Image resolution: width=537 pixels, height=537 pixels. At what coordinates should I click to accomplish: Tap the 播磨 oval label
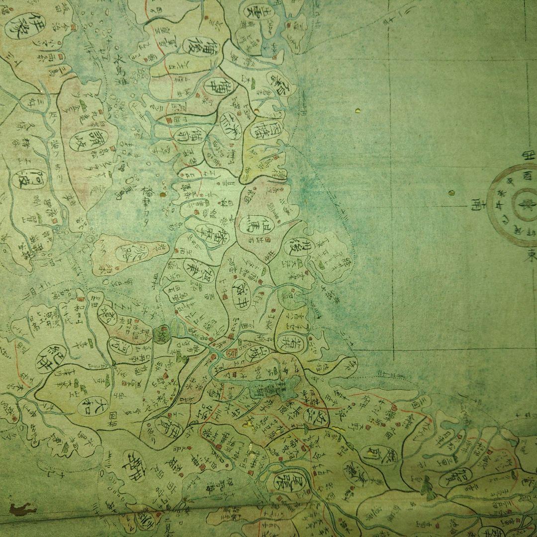click(x=212, y=231)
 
